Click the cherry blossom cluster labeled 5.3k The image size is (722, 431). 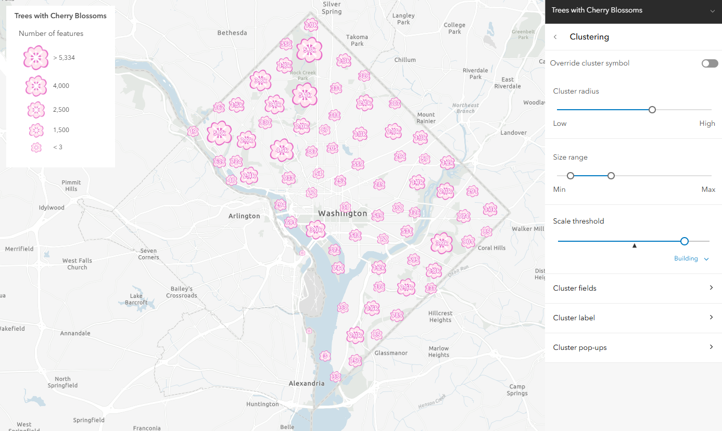coord(310,50)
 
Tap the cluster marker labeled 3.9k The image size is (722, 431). coord(442,243)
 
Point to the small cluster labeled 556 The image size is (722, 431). coord(286,44)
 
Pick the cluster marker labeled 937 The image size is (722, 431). coord(288,178)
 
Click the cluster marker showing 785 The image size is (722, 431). coord(397,315)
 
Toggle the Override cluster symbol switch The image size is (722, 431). coord(710,63)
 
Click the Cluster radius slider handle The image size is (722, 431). coord(652,110)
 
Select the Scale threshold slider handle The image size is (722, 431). coord(685,241)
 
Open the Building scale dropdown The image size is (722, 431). coord(691,259)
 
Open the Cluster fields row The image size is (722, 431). coord(633,288)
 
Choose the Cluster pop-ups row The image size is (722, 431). coord(633,347)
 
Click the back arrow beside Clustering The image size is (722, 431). coord(555,37)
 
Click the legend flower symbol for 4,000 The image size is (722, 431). coord(36,86)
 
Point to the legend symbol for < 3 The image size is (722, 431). coord(36,147)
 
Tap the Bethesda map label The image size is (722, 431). coord(232,33)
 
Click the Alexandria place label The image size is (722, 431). coord(307,383)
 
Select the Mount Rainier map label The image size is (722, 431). coord(426,118)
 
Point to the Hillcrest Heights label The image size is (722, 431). coord(440,317)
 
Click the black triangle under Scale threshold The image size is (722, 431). coord(634,245)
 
